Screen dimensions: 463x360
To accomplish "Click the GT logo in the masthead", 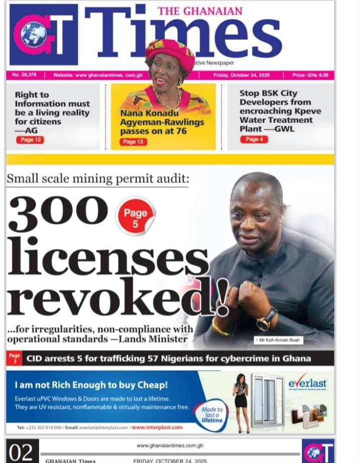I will [x=44, y=35].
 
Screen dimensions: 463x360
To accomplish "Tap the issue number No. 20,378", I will [x=25, y=75].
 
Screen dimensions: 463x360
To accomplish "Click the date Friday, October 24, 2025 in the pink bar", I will [x=242, y=75].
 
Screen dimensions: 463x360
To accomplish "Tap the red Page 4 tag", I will [x=254, y=139].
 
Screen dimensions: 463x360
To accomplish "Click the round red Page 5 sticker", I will [x=135, y=217].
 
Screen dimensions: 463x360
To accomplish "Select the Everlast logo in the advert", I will [x=307, y=384].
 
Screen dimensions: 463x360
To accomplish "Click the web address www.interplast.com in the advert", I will [x=157, y=427].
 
